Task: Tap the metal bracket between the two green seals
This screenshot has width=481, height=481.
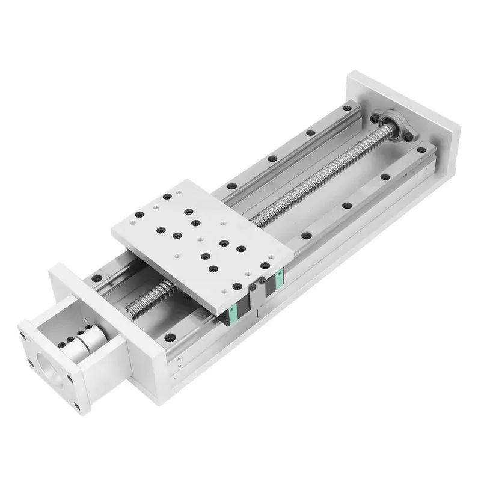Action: tap(257, 295)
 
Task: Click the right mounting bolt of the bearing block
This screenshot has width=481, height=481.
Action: tap(410, 139)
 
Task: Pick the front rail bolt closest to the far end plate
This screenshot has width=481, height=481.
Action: tap(421, 150)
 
